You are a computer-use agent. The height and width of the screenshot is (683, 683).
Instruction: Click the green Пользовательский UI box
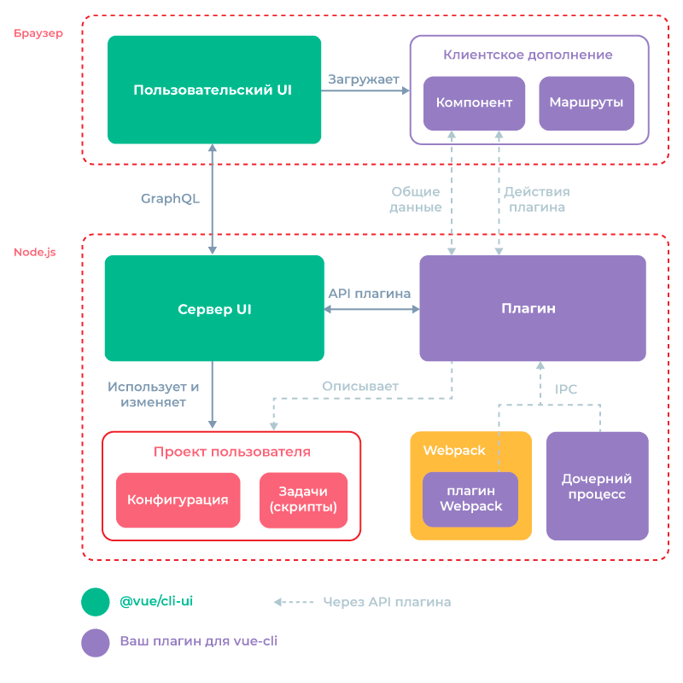click(213, 90)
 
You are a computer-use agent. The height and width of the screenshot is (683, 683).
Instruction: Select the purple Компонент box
click(474, 103)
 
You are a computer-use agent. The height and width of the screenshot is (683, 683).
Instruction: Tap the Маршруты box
click(586, 103)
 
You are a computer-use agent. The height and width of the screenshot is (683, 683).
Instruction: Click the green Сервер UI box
click(214, 308)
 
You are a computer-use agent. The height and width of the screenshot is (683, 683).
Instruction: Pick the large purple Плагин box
click(532, 308)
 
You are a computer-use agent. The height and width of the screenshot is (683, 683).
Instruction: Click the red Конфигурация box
click(178, 499)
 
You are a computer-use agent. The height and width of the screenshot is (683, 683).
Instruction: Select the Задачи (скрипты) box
click(303, 499)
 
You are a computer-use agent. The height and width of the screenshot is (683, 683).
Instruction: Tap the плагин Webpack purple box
click(470, 499)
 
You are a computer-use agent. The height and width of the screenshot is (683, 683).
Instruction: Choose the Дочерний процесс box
click(597, 487)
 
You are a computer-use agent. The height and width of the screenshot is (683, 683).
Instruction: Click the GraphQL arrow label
click(170, 199)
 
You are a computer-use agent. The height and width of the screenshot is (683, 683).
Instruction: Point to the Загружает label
click(364, 79)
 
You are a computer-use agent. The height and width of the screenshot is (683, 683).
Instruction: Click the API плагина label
click(370, 293)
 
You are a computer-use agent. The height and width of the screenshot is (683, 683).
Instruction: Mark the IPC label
click(566, 389)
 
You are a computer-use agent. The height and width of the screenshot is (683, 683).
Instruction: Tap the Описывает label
click(359, 386)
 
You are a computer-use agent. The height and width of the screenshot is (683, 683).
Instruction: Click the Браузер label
click(38, 34)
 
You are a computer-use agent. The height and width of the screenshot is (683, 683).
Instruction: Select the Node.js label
click(35, 253)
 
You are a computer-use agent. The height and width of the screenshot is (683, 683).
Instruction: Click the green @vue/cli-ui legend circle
click(96, 602)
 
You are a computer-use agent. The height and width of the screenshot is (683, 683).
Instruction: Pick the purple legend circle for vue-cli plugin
click(96, 643)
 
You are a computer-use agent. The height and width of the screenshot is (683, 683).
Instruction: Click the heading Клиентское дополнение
click(528, 55)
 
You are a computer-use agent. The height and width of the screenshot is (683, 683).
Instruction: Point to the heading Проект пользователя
click(231, 452)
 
